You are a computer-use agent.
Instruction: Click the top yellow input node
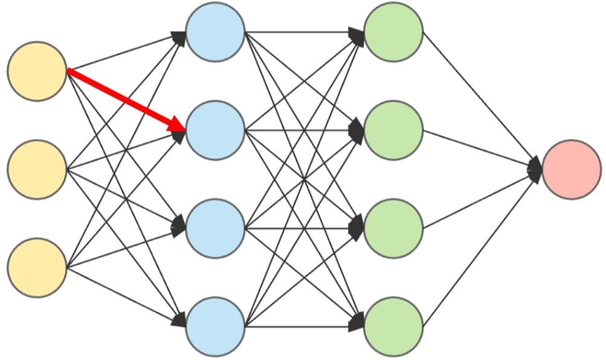point(37,71)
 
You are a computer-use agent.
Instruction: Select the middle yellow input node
point(37,169)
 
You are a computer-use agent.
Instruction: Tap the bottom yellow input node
point(37,267)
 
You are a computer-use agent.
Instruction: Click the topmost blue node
point(215,32)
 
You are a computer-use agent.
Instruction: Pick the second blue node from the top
point(215,130)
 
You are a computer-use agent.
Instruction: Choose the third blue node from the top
point(215,229)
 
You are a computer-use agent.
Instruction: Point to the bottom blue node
point(215,327)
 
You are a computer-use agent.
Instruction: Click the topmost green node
point(393,32)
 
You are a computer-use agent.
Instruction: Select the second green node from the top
point(393,130)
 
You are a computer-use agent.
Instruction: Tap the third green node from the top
point(393,229)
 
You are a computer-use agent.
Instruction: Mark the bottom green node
point(393,327)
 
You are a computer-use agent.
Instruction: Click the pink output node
point(572,169)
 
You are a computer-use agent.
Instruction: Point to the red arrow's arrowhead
point(179,126)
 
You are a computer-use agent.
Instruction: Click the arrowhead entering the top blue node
point(179,37)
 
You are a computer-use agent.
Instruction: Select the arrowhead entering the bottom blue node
point(179,320)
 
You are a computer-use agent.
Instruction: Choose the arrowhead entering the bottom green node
point(357,322)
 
